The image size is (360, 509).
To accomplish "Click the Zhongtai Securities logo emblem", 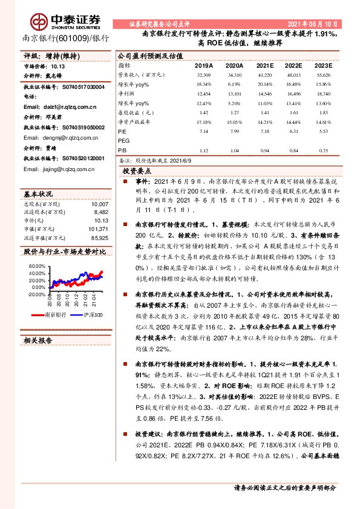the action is [x=42, y=23].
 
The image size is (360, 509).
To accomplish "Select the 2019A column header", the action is [x=204, y=65].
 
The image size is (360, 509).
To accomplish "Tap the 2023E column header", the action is [x=323, y=65].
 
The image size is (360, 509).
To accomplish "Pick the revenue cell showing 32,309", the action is [x=204, y=74].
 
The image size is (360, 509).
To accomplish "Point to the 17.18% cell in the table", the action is [x=204, y=122].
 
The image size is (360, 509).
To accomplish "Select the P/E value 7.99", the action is [x=234, y=130].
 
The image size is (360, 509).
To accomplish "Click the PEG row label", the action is [x=123, y=139].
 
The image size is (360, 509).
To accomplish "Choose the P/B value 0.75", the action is [x=323, y=151].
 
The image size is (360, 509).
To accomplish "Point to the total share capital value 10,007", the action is [x=99, y=204].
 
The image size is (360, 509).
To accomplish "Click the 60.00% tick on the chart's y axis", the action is [x=37, y=265].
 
